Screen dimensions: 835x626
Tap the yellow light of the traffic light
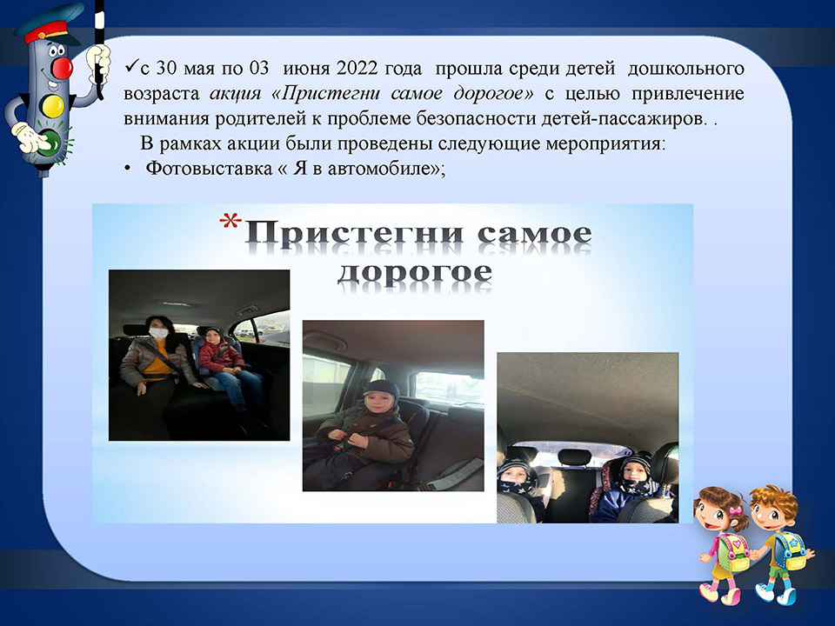point(52,105)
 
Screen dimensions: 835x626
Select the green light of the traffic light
point(53,142)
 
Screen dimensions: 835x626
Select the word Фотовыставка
point(209,168)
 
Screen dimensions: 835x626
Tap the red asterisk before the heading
point(230,221)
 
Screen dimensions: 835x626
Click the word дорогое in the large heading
point(415,272)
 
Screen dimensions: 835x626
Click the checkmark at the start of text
point(131,67)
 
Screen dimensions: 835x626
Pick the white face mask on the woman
point(158,333)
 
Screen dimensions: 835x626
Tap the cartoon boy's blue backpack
point(791,549)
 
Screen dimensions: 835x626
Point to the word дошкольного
point(686,69)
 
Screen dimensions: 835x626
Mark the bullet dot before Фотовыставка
point(127,169)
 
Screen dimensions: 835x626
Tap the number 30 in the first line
point(166,69)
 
